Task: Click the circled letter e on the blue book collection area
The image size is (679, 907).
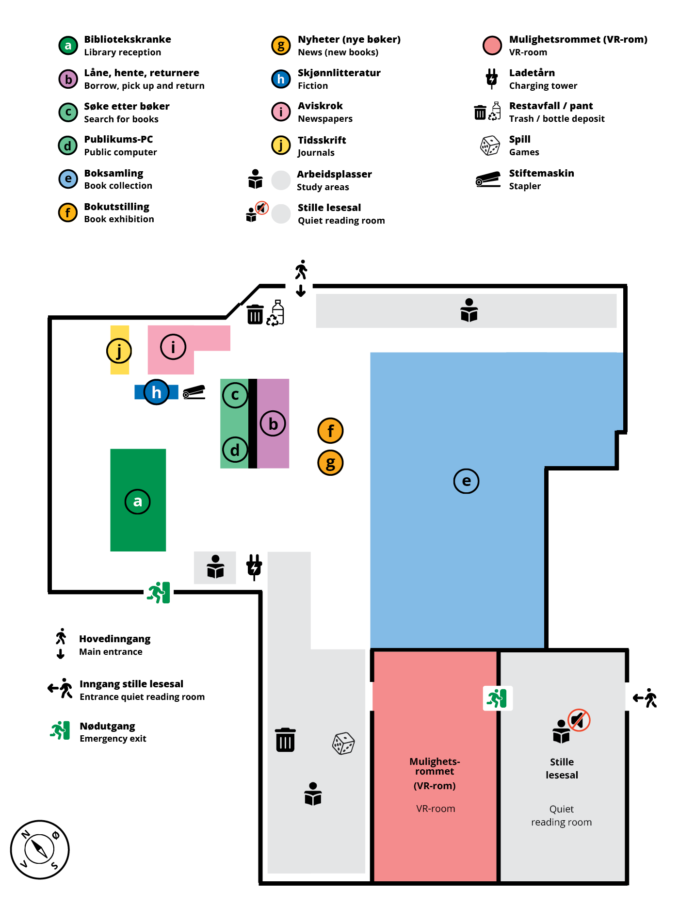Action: (x=466, y=481)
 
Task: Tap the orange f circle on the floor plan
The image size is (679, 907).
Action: (x=330, y=430)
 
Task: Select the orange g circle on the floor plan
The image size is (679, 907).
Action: (x=330, y=463)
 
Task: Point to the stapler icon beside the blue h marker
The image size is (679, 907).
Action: (x=194, y=392)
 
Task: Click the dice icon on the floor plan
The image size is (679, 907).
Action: (x=343, y=743)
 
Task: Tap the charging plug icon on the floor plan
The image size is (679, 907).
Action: (x=254, y=567)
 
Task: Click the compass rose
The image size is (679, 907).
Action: (x=40, y=849)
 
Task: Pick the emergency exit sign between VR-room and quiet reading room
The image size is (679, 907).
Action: (x=497, y=698)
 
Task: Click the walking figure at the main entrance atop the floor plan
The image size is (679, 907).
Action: (x=301, y=270)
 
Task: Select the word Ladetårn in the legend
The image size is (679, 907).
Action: (x=532, y=73)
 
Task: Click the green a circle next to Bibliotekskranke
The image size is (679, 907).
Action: (x=68, y=46)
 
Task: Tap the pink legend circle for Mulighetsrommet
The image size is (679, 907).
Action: (x=492, y=45)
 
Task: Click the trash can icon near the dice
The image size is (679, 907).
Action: (x=285, y=740)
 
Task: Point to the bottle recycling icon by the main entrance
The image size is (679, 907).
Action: (x=276, y=312)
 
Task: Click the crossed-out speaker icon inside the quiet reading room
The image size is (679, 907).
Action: (x=579, y=720)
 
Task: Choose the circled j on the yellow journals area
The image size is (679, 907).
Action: (x=119, y=350)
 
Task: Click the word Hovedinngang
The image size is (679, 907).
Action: (x=114, y=639)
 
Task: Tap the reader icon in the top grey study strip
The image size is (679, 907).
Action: (x=469, y=310)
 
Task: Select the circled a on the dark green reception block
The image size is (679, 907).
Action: (x=138, y=502)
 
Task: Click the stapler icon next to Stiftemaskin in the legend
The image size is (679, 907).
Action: (x=488, y=179)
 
